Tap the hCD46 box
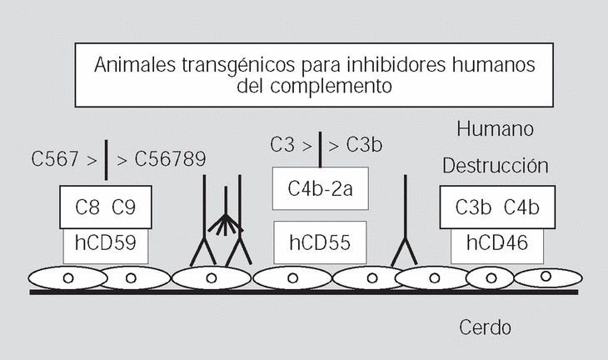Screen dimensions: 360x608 click(x=497, y=243)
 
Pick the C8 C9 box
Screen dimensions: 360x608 click(x=106, y=207)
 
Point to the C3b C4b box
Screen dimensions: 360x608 click(x=496, y=207)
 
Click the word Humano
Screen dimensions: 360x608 click(x=496, y=129)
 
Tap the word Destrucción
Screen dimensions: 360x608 click(x=496, y=166)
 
